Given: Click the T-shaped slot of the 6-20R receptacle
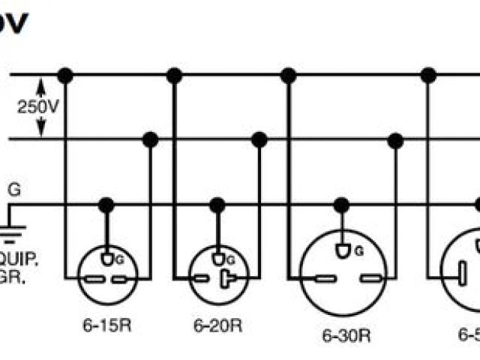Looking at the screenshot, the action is [226, 279].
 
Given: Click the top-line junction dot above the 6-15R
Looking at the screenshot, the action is [65, 75].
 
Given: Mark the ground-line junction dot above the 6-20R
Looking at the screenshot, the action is [217, 204].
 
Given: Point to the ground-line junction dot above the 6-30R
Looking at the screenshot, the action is [342, 204].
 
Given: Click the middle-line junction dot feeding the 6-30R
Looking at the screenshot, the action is [395, 139].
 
